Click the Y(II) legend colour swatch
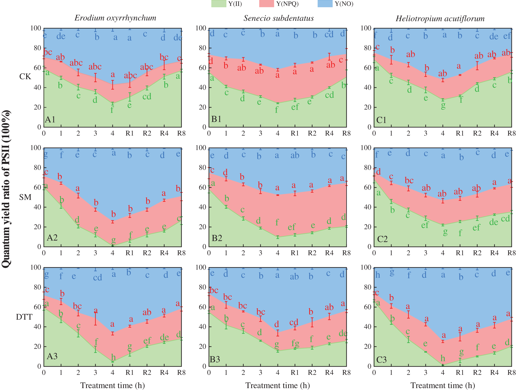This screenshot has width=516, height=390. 218,4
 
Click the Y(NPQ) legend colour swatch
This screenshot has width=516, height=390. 266,4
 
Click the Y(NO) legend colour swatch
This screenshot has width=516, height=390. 325,4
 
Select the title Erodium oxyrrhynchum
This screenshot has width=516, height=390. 115,18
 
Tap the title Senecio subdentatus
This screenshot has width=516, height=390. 279,18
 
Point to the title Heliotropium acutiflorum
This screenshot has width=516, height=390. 440,18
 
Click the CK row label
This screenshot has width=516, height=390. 25,77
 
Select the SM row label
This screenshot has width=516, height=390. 25,197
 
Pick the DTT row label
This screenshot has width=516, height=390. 24,317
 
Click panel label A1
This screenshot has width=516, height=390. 50,119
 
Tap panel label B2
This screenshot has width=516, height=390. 217,238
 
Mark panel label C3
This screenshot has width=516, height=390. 381,360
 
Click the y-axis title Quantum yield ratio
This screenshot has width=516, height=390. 6,189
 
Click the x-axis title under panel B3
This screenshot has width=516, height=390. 277,385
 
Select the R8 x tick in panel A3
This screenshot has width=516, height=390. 181,373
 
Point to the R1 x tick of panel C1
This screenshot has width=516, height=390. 460,133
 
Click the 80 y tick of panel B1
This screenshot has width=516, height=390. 203,48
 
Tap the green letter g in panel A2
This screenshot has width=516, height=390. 113,240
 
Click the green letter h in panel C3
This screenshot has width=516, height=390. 443,358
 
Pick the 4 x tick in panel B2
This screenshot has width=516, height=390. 277,253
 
